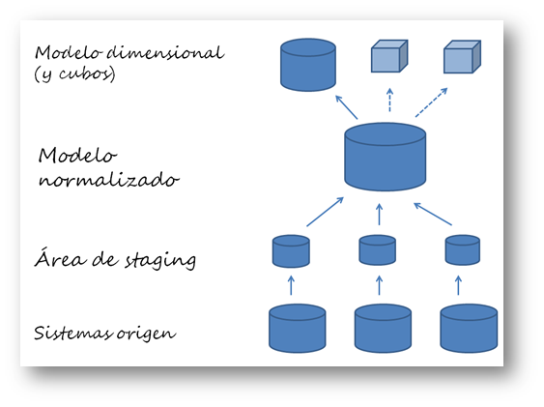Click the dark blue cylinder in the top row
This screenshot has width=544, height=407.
coord(307,65)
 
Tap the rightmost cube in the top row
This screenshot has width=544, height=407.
coord(462,58)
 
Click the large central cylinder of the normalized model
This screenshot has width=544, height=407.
coord(386,156)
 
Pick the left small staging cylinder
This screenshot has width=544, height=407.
coord(291,251)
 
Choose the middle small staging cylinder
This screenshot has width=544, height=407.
coord(378,250)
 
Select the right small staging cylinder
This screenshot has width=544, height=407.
coord(463,250)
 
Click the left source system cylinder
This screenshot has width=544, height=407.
coord(297,328)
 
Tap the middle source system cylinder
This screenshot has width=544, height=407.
coord(383,328)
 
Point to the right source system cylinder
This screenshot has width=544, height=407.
coord(469,328)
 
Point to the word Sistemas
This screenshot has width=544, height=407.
coord(72,334)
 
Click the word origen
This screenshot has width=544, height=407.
coord(148,334)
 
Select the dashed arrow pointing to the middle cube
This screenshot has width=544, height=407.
coord(389,100)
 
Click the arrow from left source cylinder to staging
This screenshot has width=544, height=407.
coord(291,285)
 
